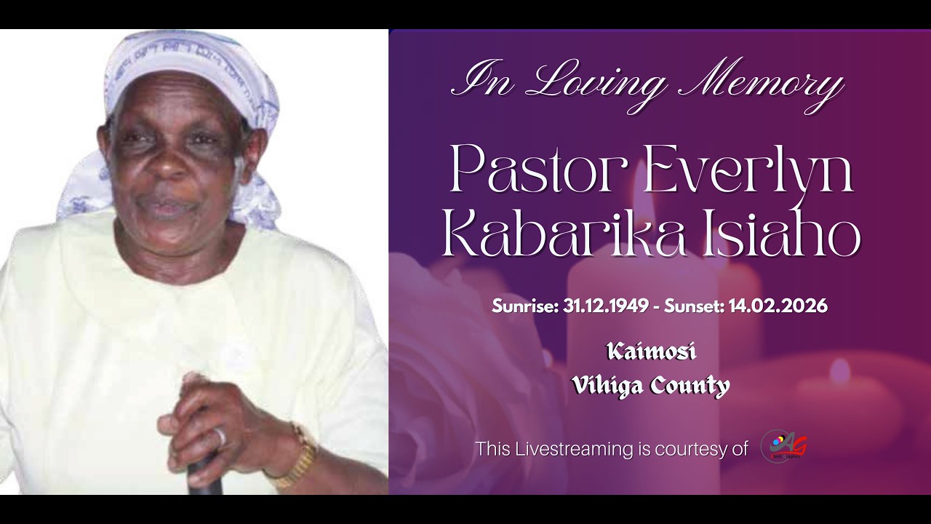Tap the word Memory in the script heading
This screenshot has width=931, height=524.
[x=761, y=82]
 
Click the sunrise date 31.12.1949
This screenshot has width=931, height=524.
[x=605, y=306]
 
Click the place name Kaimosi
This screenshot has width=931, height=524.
[x=651, y=352]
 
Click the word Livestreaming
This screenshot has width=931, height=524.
[x=574, y=449]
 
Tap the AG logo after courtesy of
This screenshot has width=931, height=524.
[x=784, y=446]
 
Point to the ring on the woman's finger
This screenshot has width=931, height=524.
[x=220, y=436]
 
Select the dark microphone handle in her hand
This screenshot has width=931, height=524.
[x=204, y=477]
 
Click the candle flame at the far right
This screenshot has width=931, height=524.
[x=840, y=371]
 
